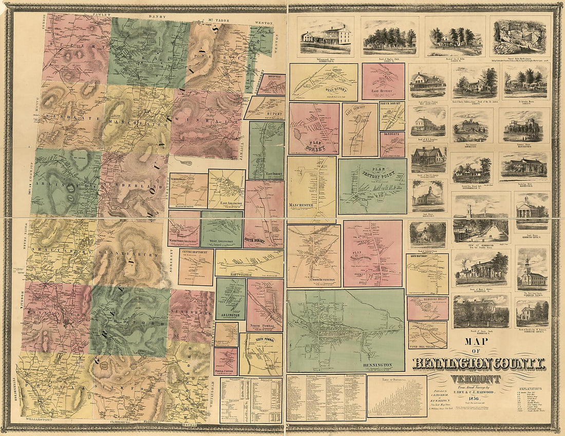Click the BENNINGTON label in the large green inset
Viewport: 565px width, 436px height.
(x=376, y=366)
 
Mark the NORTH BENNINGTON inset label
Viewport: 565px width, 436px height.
(x=313, y=279)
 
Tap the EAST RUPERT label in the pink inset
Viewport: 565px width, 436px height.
(x=383, y=90)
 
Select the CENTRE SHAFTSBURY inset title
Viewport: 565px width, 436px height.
(x=196, y=253)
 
